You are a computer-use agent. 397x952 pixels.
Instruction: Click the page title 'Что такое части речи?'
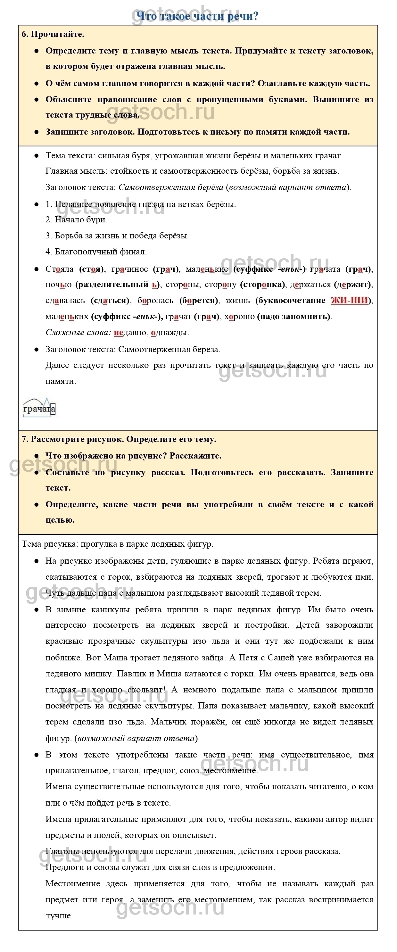[x=197, y=16]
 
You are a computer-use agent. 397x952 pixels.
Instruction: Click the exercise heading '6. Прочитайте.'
[x=53, y=34]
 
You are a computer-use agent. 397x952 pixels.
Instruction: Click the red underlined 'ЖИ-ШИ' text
[x=349, y=301]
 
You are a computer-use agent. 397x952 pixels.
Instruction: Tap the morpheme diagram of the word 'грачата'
[x=39, y=408]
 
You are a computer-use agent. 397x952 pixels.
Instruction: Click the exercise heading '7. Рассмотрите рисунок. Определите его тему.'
[x=119, y=439]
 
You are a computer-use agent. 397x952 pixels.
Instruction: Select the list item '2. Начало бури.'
[x=77, y=220]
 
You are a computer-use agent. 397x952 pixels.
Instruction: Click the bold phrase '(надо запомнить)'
[x=294, y=317]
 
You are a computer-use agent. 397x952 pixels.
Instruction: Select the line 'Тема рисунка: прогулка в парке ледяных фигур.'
[x=118, y=544]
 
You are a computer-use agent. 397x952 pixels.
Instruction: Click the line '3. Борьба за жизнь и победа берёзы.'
[x=117, y=236]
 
